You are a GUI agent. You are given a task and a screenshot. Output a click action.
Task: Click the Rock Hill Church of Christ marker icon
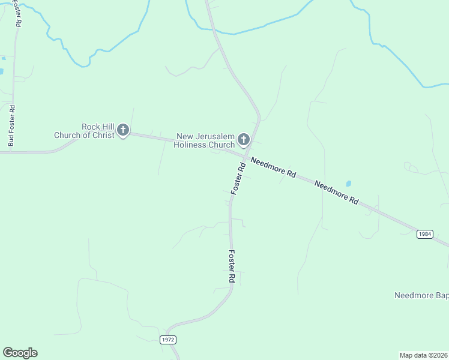[x=123, y=130]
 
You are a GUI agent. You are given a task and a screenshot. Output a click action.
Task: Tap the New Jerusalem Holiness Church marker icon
[x=244, y=139]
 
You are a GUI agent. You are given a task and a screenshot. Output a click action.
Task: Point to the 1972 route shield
[x=168, y=340]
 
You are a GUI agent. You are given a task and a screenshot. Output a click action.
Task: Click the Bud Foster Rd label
[x=11, y=127]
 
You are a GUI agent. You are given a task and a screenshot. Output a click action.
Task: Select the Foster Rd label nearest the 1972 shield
[x=231, y=267]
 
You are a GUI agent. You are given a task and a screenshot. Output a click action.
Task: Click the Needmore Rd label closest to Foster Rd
[x=273, y=167]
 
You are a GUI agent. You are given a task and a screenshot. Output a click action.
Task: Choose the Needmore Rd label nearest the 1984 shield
[x=336, y=193]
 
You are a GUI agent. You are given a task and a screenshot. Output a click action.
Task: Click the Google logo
[x=20, y=353]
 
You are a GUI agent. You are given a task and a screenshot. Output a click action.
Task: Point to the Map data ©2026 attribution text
[x=424, y=355]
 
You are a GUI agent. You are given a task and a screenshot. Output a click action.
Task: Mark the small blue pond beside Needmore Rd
[x=349, y=183]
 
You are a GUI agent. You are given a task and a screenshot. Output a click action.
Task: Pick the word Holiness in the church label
[x=190, y=145]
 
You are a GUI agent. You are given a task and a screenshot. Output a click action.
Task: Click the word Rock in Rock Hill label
[x=91, y=127]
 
